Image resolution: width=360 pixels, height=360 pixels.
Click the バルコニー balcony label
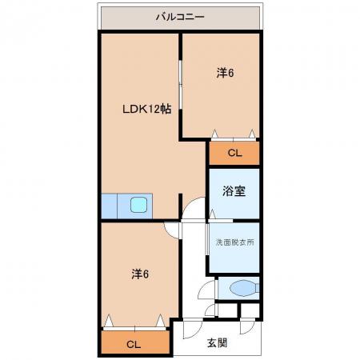tap(180, 17)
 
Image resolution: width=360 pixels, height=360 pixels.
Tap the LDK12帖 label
tap(146, 109)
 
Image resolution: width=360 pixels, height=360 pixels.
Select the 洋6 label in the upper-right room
tap(225, 73)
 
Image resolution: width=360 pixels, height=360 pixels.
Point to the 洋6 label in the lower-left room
tap(140, 274)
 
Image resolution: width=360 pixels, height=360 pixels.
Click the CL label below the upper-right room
tap(234, 153)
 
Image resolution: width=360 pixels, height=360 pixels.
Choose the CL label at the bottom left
tap(134, 345)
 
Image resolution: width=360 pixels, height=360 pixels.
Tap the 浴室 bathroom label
tap(234, 191)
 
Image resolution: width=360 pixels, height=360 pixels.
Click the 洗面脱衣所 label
tap(234, 242)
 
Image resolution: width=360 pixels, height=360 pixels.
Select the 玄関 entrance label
tap(218, 343)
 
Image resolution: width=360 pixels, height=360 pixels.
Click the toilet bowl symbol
tap(244, 288)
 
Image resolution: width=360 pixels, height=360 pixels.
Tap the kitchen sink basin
tap(138, 205)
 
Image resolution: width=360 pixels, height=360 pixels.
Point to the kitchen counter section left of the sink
tap(109, 206)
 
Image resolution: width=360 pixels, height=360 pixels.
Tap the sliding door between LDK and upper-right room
tap(181, 85)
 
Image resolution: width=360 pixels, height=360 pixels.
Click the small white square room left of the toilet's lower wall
tap(227, 310)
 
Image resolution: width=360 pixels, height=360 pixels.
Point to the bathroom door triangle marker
tap(212, 214)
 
